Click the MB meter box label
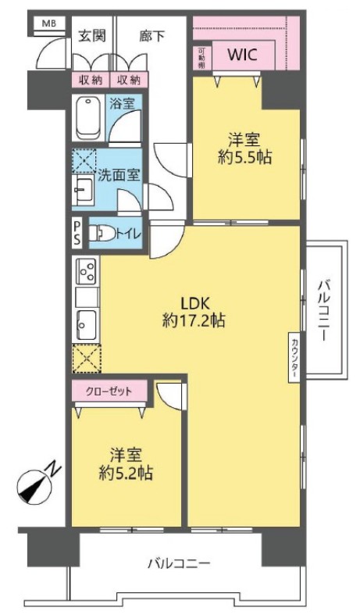point(49,23)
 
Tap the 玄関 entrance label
point(92,36)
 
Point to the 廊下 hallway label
point(151,36)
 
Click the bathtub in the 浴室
point(88,118)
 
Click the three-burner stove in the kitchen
point(87,270)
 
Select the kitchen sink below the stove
point(86,324)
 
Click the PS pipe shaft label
point(77,233)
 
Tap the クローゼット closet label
point(109,391)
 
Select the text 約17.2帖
point(194,321)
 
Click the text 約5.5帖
point(244,158)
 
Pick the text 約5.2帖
point(126,474)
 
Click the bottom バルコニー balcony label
point(179,564)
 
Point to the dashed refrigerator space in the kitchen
point(87,359)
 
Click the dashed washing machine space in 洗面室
point(84,161)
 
